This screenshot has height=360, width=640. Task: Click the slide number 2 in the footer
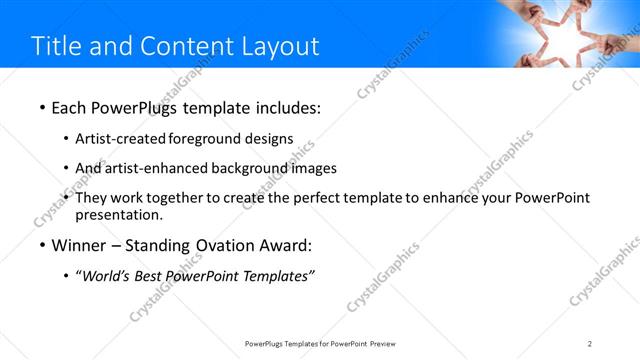[x=590, y=344]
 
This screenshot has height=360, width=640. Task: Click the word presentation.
[x=118, y=214]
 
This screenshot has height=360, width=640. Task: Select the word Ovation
[x=219, y=245]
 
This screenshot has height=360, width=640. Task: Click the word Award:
[x=285, y=245]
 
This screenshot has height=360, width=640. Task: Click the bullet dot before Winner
[x=42, y=245]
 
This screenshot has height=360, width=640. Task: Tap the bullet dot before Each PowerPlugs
[x=42, y=106]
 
